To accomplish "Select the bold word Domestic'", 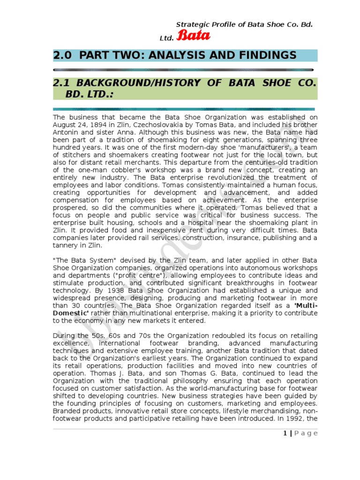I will coord(70,313).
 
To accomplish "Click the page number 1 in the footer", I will coord(285,433).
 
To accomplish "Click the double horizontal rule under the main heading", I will coord(185,69).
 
